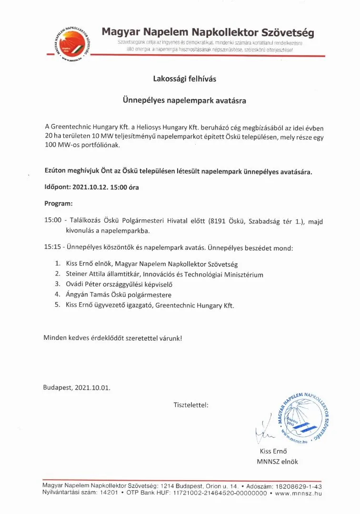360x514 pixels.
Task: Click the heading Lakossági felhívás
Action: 184,79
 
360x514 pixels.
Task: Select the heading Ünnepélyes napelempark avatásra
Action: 184,101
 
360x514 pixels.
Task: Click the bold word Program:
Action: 59,203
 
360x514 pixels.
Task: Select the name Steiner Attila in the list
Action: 87,274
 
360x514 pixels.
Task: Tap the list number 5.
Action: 57,305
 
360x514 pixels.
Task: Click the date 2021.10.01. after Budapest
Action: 92,387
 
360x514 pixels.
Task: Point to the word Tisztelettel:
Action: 191,405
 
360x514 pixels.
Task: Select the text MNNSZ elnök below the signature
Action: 277,461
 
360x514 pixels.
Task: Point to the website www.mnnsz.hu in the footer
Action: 299,494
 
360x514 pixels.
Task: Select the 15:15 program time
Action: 53,248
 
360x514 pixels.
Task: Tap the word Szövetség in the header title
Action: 288,33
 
